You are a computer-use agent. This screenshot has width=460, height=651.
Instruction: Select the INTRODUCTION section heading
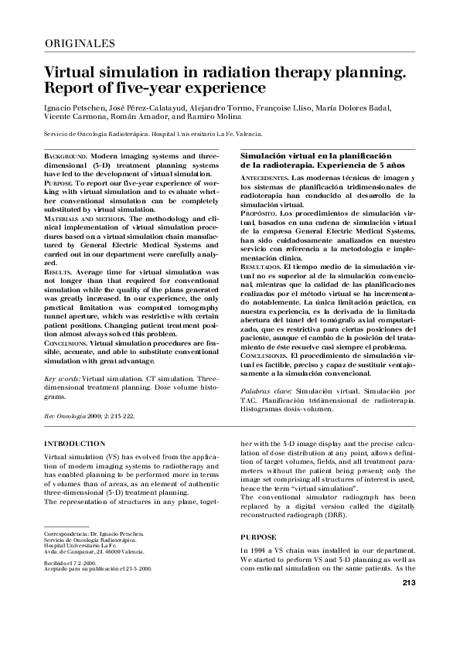tap(75, 444)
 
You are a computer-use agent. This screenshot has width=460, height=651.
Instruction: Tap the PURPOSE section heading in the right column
tap(259, 537)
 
